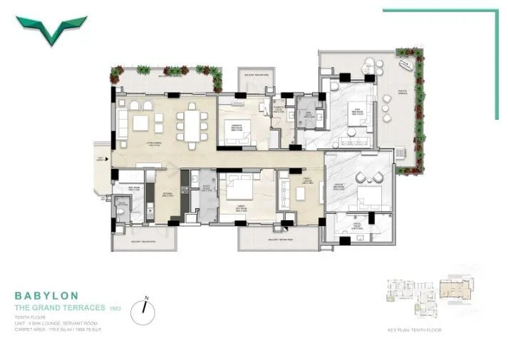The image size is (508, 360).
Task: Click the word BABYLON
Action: [x=47, y=294]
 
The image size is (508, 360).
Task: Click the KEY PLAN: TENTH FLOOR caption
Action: [x=415, y=331]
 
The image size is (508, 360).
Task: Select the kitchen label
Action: [x=165, y=193]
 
